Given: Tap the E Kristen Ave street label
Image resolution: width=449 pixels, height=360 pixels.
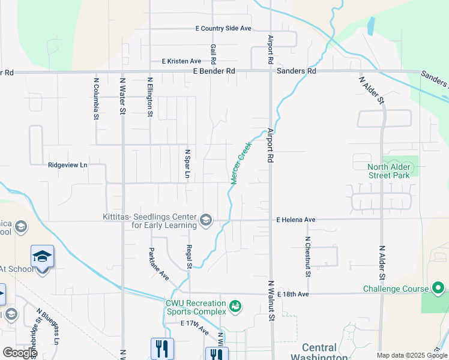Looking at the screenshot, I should [181, 61].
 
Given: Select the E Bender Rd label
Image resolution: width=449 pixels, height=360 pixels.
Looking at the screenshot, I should [214, 71].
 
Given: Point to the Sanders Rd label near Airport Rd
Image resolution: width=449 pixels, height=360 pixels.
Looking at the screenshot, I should [297, 71].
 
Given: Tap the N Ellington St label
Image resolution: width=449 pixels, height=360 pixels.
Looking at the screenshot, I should [150, 95].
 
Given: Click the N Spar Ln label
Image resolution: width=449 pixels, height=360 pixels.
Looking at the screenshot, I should [188, 164].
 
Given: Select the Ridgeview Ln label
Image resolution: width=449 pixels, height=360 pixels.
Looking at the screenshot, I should [68, 164].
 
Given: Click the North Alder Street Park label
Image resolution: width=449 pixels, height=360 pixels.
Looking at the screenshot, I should [389, 171].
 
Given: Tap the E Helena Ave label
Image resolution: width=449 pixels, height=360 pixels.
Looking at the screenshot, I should [296, 220].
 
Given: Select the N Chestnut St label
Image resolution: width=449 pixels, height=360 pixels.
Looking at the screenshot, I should [307, 256].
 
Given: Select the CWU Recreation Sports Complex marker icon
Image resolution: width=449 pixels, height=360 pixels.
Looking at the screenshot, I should [236, 307].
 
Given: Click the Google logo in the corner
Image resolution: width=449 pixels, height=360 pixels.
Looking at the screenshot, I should [20, 353].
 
